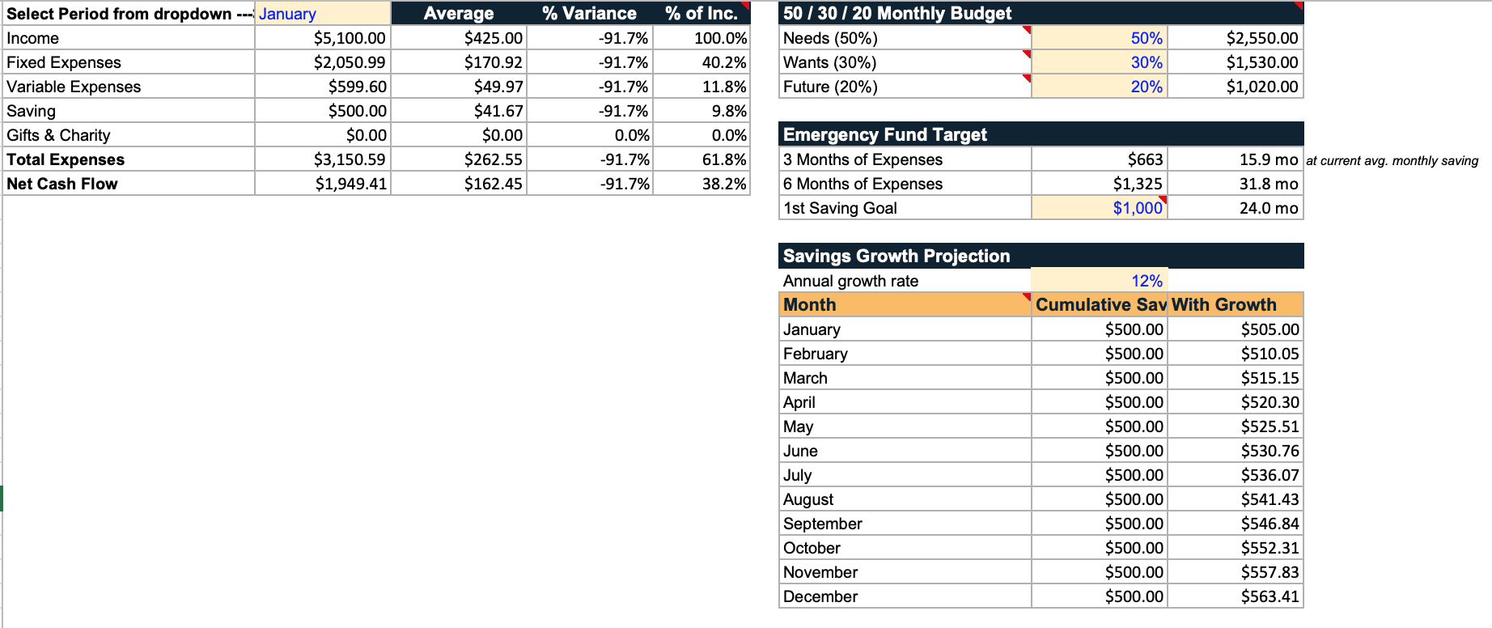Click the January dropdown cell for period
[x=323, y=14]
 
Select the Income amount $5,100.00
[x=350, y=38]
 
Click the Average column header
[x=459, y=14]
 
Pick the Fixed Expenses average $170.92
[x=494, y=62]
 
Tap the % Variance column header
[x=589, y=14]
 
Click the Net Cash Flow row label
[x=62, y=184]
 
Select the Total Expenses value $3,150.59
[x=350, y=159]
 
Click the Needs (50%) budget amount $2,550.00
[x=1262, y=38]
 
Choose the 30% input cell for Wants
[x=1100, y=62]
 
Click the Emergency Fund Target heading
[x=885, y=135]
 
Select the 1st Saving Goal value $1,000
[x=1138, y=208]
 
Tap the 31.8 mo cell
[x=1269, y=184]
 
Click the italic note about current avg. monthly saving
[x=1392, y=161]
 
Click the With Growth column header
[x=1224, y=305]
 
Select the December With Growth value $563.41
[x=1270, y=596]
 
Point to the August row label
[x=808, y=499]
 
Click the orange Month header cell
[x=905, y=305]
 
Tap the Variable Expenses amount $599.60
[x=358, y=87]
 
